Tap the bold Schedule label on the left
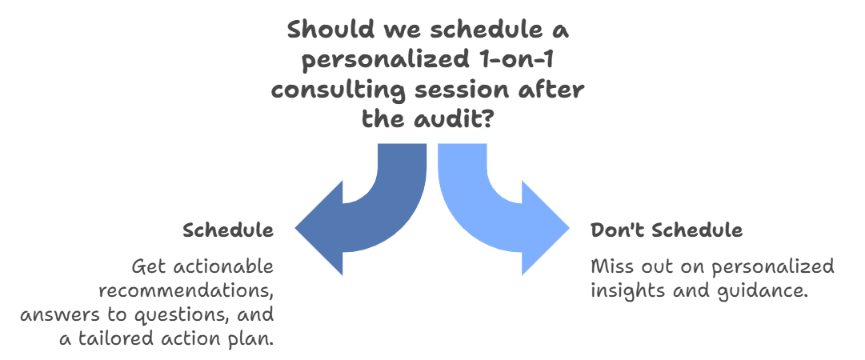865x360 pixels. [228, 231]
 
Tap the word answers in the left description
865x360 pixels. [51, 314]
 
